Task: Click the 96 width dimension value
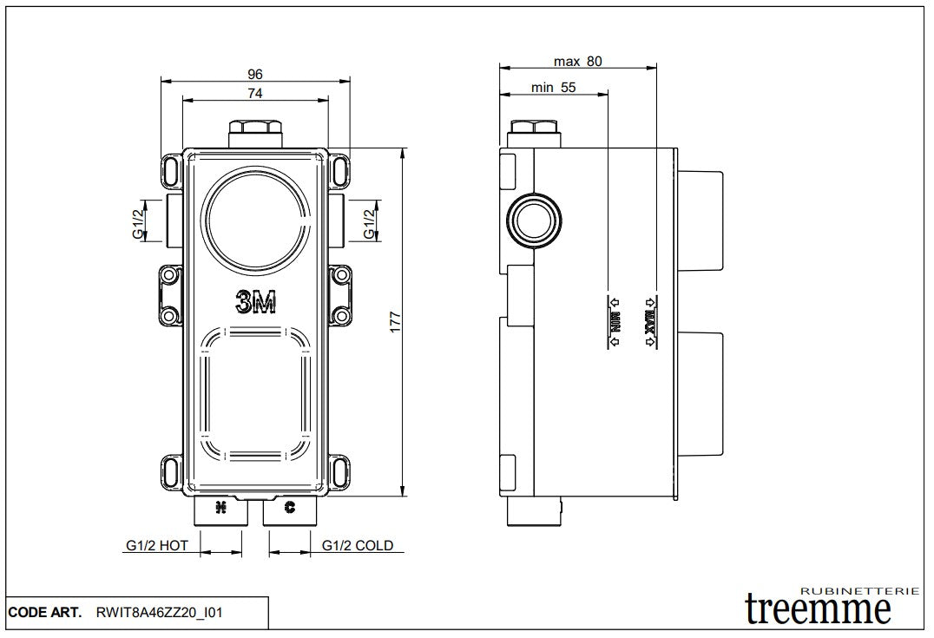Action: click(254, 75)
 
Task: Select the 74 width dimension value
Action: click(254, 92)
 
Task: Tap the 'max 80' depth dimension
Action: click(577, 61)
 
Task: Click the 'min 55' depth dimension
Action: click(554, 87)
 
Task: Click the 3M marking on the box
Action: click(255, 302)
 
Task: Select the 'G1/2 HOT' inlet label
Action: click(156, 546)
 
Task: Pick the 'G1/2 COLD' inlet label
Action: click(358, 546)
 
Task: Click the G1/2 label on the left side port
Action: click(138, 220)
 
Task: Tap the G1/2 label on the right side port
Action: click(369, 220)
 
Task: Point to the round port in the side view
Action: click(533, 219)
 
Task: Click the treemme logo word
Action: click(819, 609)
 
